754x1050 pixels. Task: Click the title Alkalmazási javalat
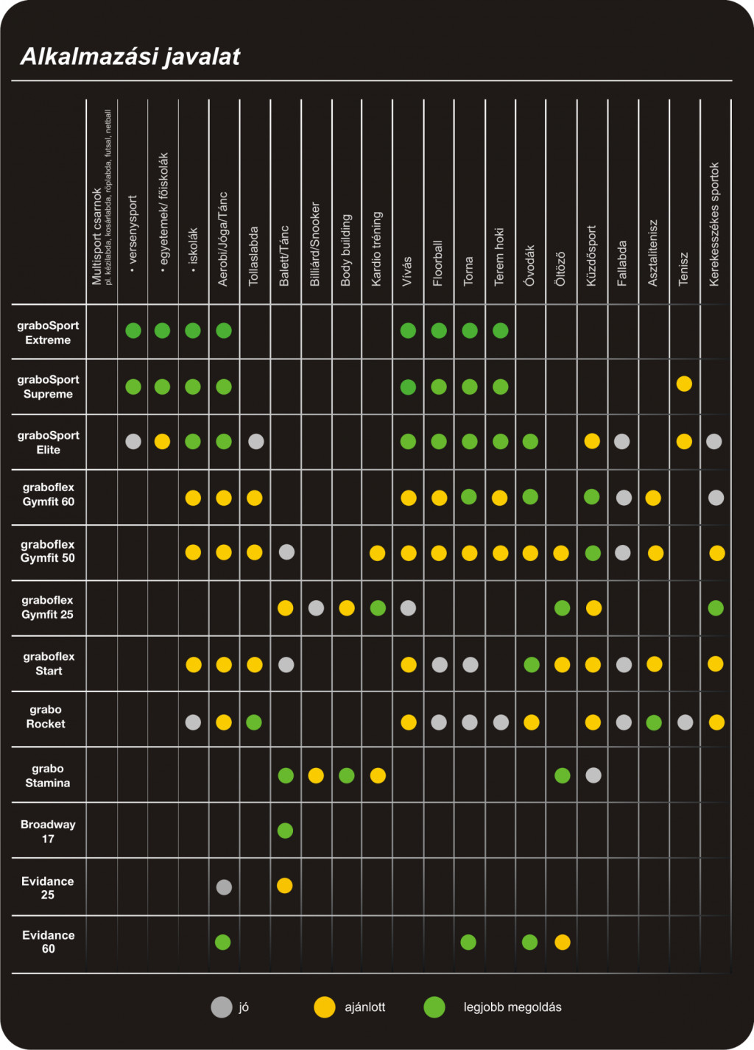click(130, 57)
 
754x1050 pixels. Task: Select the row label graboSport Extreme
click(48, 333)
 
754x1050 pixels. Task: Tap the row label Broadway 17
click(48, 831)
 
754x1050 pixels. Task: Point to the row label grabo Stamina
click(48, 775)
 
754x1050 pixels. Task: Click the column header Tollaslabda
click(254, 256)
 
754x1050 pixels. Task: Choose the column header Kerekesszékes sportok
click(714, 224)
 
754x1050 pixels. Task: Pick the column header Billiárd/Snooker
click(315, 244)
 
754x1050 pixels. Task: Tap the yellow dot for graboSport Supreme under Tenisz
click(684, 384)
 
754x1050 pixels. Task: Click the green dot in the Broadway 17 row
click(285, 831)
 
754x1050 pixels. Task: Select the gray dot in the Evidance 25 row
click(224, 887)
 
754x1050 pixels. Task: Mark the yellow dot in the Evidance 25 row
click(285, 885)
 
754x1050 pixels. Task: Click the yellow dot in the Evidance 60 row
click(563, 942)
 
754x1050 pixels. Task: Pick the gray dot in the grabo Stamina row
click(593, 775)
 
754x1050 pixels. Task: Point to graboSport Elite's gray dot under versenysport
click(133, 441)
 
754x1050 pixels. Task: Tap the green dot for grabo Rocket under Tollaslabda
click(254, 722)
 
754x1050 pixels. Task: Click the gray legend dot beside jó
click(222, 1007)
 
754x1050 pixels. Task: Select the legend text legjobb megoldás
click(512, 1007)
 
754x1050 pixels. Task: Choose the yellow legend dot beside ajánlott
click(325, 1007)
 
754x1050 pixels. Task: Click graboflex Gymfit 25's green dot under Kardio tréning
click(378, 608)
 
